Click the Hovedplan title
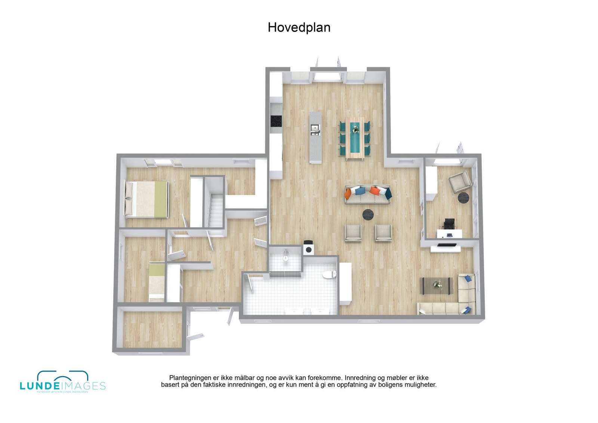(x=299, y=28)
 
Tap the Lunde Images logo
(x=62, y=382)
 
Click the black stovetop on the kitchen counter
(x=276, y=121)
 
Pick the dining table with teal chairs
(x=355, y=138)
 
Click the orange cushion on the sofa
(x=374, y=191)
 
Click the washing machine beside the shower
(x=309, y=248)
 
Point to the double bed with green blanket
(x=147, y=199)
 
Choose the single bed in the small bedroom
(x=157, y=282)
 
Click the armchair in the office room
(x=460, y=181)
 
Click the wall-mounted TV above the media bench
(x=447, y=245)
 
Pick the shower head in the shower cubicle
(x=286, y=257)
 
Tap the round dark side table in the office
(x=463, y=198)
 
